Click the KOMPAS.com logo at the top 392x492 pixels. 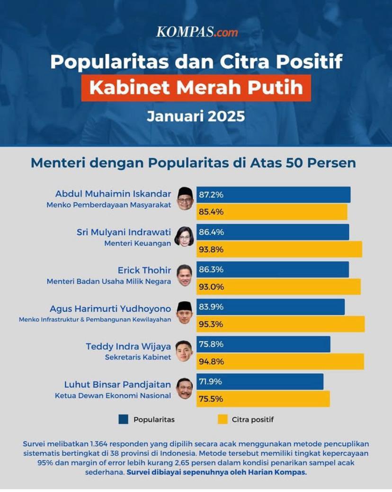click(x=196, y=32)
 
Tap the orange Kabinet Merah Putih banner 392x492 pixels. click(x=196, y=88)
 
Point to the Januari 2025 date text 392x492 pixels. click(x=196, y=116)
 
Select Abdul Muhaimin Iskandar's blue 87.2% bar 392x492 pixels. click(x=274, y=195)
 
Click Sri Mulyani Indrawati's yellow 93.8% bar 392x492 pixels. click(x=279, y=249)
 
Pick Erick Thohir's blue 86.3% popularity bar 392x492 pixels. click(x=273, y=270)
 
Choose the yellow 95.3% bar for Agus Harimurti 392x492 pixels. click(x=281, y=324)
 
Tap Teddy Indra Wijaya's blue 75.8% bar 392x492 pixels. click(x=264, y=344)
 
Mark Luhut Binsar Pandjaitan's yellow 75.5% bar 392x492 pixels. click(x=263, y=399)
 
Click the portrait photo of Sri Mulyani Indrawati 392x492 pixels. click(x=184, y=236)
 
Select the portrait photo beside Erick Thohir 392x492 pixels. click(x=184, y=275)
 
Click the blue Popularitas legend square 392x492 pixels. click(x=124, y=419)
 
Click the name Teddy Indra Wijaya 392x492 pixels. click(x=128, y=346)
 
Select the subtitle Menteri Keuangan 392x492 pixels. click(x=138, y=243)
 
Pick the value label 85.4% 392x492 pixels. click(x=211, y=212)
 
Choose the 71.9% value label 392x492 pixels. click(x=211, y=381)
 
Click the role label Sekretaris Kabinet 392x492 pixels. click(x=138, y=357)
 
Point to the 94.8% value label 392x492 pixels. click(x=211, y=362)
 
